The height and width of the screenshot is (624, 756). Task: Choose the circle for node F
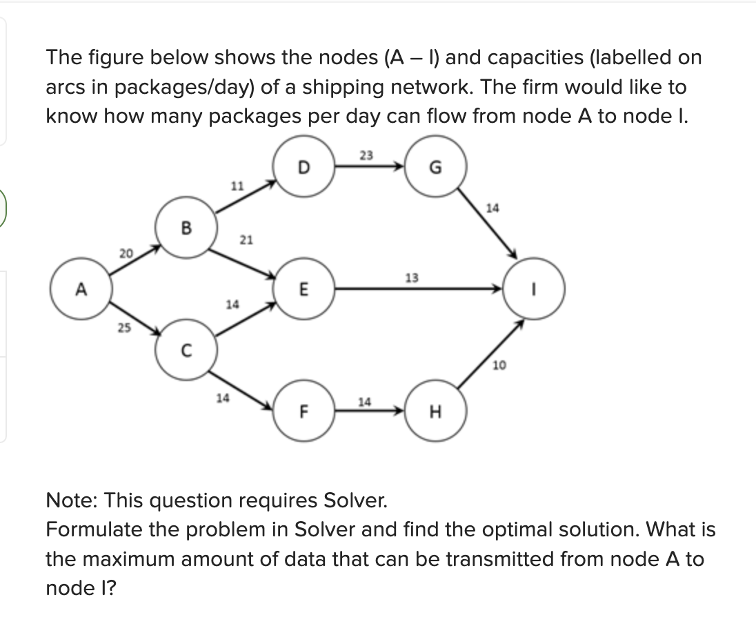click(304, 413)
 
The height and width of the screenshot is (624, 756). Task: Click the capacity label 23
click(367, 156)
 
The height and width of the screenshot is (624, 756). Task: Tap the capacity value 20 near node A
click(126, 253)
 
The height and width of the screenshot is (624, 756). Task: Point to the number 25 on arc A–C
click(123, 328)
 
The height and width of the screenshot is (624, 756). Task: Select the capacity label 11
click(237, 185)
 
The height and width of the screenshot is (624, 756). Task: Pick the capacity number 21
click(246, 240)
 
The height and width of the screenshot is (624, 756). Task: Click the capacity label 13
click(412, 278)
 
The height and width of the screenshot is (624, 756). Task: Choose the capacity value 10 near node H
click(500, 365)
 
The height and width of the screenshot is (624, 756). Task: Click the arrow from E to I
click(414, 290)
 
